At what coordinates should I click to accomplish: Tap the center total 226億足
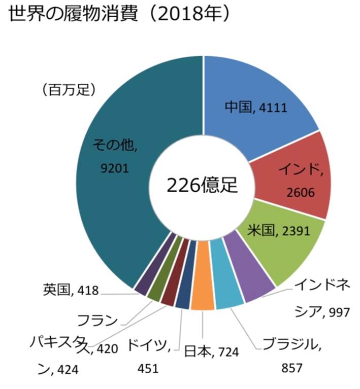click(x=203, y=185)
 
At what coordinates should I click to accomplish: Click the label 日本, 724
click(x=212, y=351)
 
